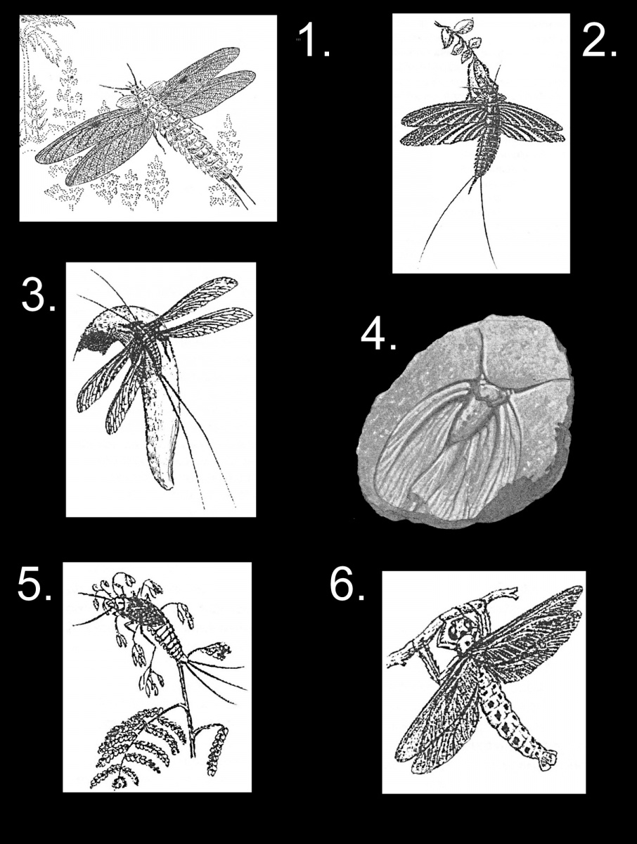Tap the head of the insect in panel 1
[134, 90]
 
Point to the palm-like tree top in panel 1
[46, 34]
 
